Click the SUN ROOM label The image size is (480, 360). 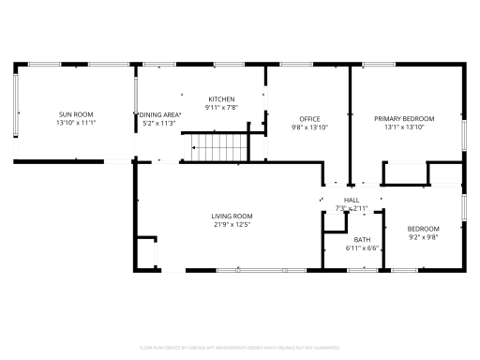(x=76, y=113)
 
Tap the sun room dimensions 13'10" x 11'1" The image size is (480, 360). (x=76, y=122)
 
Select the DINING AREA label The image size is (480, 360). (x=160, y=113)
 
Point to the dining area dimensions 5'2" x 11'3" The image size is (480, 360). (x=160, y=122)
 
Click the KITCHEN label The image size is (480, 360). (x=221, y=98)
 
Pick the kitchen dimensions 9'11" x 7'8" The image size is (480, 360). (x=221, y=107)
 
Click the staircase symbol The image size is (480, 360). (x=215, y=145)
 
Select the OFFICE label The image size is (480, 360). (x=309, y=118)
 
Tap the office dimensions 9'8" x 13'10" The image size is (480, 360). (x=309, y=127)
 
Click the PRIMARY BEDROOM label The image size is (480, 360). (x=404, y=118)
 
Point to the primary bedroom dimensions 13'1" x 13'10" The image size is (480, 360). (x=404, y=127)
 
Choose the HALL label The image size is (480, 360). (x=352, y=200)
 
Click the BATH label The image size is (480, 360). (x=362, y=240)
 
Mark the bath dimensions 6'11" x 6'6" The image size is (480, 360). (x=362, y=248)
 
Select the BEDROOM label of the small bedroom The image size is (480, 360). (x=423, y=229)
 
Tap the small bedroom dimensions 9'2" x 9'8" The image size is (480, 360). (x=423, y=237)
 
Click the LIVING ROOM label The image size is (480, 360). (x=232, y=216)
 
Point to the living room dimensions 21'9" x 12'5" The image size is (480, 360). (x=232, y=224)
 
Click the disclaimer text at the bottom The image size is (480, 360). (x=240, y=347)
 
